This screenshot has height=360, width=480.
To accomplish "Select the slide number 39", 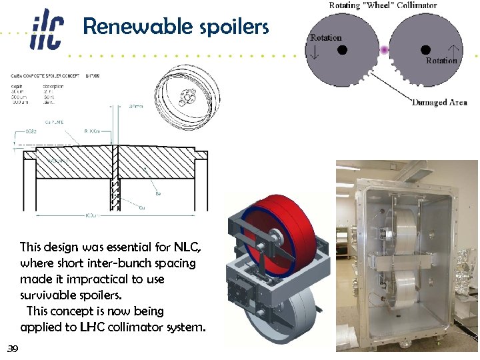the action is (x=13, y=349).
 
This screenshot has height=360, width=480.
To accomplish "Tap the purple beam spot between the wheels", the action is (x=384, y=50).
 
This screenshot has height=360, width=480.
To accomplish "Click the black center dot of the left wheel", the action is (x=341, y=49).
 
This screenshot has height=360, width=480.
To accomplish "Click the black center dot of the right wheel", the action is (x=426, y=49).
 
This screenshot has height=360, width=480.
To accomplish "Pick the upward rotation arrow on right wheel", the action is (x=454, y=49).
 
